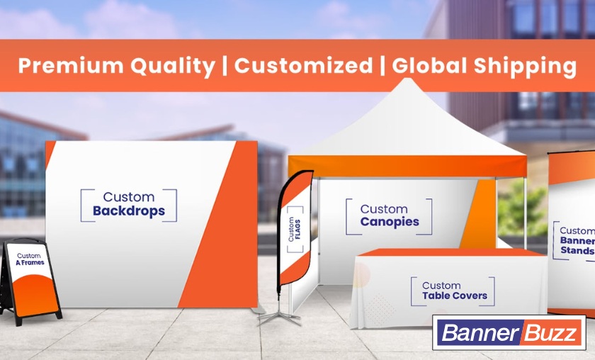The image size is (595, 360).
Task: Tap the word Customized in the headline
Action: click(303, 66)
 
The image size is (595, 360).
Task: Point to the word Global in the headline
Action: click(426, 66)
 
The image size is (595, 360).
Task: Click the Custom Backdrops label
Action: click(128, 204)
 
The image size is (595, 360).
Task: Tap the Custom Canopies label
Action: click(389, 215)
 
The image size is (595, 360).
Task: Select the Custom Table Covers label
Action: click(454, 291)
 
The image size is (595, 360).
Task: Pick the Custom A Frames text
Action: click(30, 258)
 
